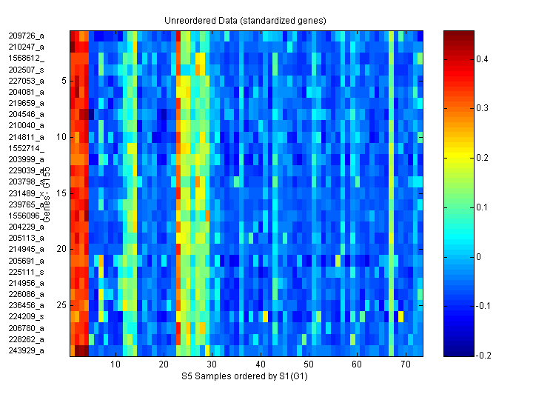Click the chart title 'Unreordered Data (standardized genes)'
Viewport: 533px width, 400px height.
click(x=245, y=20)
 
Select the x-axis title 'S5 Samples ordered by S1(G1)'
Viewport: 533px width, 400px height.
click(x=245, y=376)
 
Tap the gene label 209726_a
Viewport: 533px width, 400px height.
click(x=27, y=36)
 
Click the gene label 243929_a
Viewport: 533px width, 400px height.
click(x=27, y=350)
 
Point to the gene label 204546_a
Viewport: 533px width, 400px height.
click(x=27, y=114)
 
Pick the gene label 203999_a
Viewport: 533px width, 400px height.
click(x=27, y=159)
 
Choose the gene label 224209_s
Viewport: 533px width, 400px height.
click(x=27, y=316)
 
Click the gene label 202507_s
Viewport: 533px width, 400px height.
click(x=27, y=69)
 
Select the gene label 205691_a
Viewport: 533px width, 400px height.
click(x=27, y=261)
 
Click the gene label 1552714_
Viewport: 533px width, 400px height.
click(x=27, y=148)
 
